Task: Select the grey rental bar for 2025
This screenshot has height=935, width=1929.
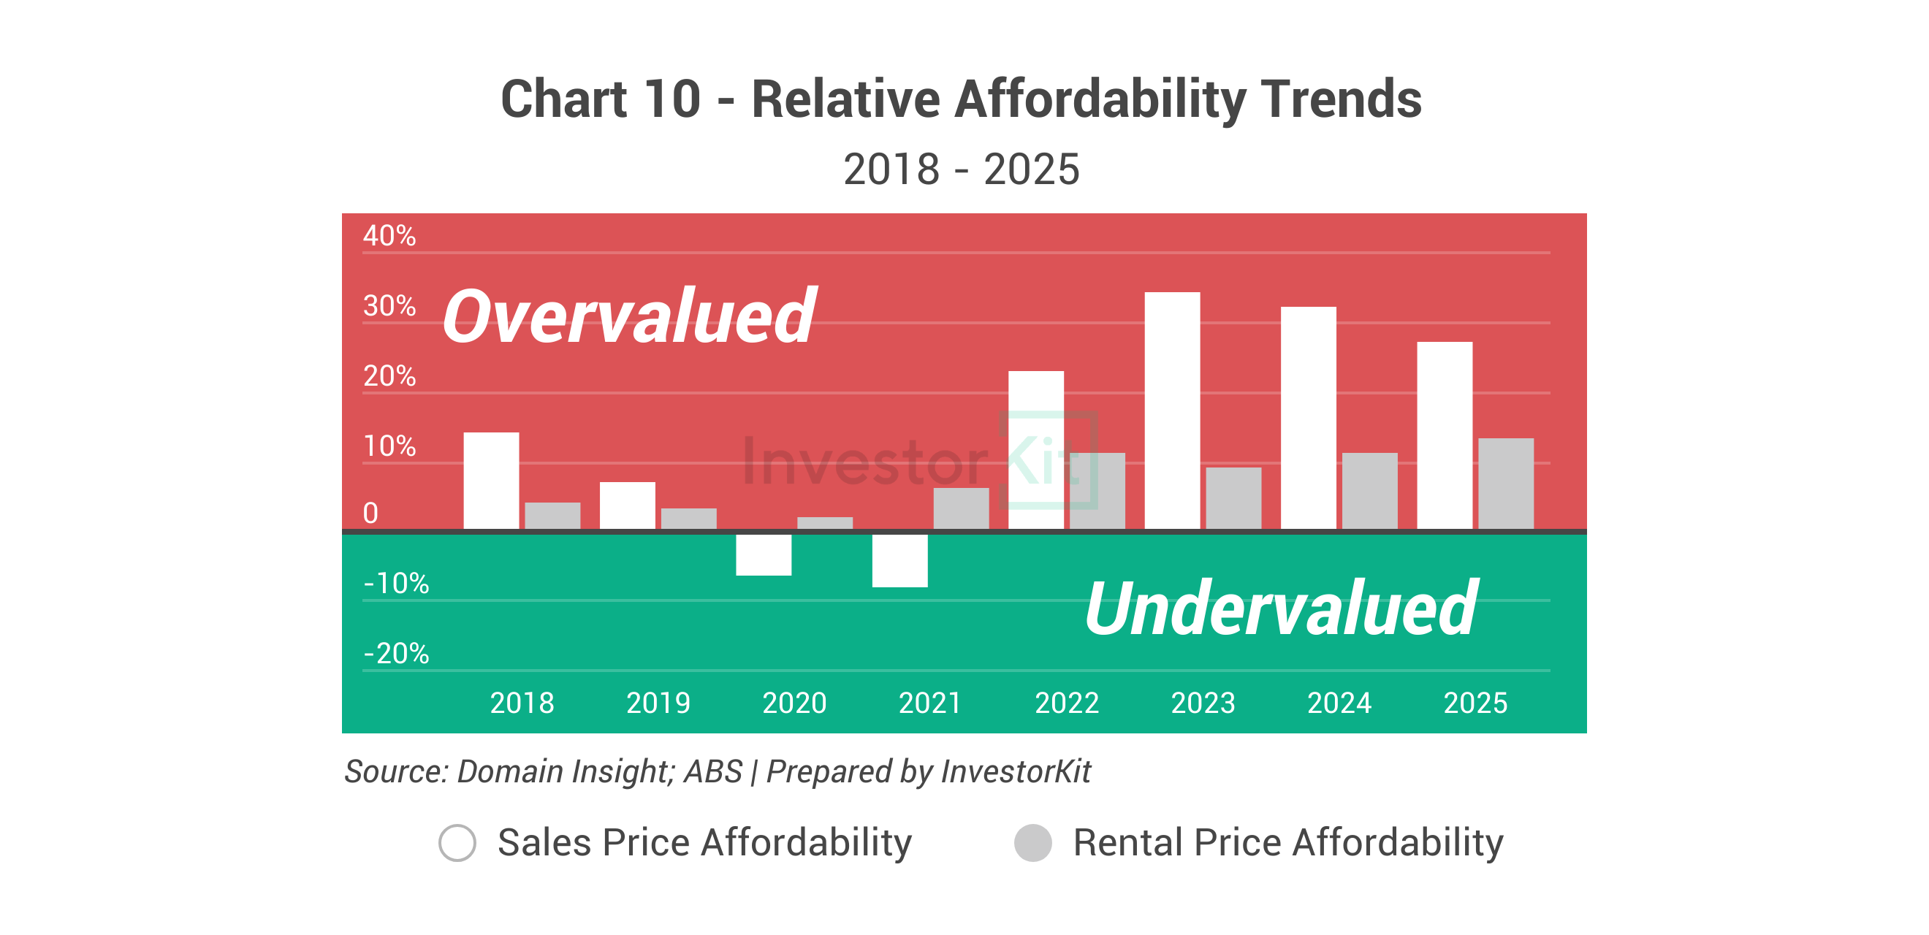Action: [x=1505, y=484]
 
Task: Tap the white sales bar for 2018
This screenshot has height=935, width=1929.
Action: [x=490, y=481]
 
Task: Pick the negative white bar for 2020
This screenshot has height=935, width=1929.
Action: [x=763, y=554]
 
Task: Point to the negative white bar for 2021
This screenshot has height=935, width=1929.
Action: [x=899, y=561]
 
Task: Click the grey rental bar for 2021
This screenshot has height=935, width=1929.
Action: [x=961, y=508]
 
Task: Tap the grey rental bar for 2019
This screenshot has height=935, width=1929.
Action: [x=688, y=519]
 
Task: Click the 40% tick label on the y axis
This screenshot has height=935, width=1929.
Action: [x=389, y=236]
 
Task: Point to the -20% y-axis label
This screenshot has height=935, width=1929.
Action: [x=396, y=654]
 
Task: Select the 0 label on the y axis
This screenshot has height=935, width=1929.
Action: [x=370, y=514]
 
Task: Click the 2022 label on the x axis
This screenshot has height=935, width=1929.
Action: [x=1066, y=703]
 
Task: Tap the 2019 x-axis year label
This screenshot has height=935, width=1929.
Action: [x=658, y=703]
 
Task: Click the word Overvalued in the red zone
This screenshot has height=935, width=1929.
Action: [x=629, y=318]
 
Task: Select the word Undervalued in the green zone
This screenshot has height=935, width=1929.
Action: [x=1280, y=608]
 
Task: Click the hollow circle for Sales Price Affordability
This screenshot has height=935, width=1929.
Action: [x=457, y=843]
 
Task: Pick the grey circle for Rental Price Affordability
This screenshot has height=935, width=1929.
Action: [x=1032, y=843]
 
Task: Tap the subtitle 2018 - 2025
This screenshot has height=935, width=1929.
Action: [x=961, y=169]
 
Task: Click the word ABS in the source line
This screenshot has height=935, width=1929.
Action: [x=713, y=772]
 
